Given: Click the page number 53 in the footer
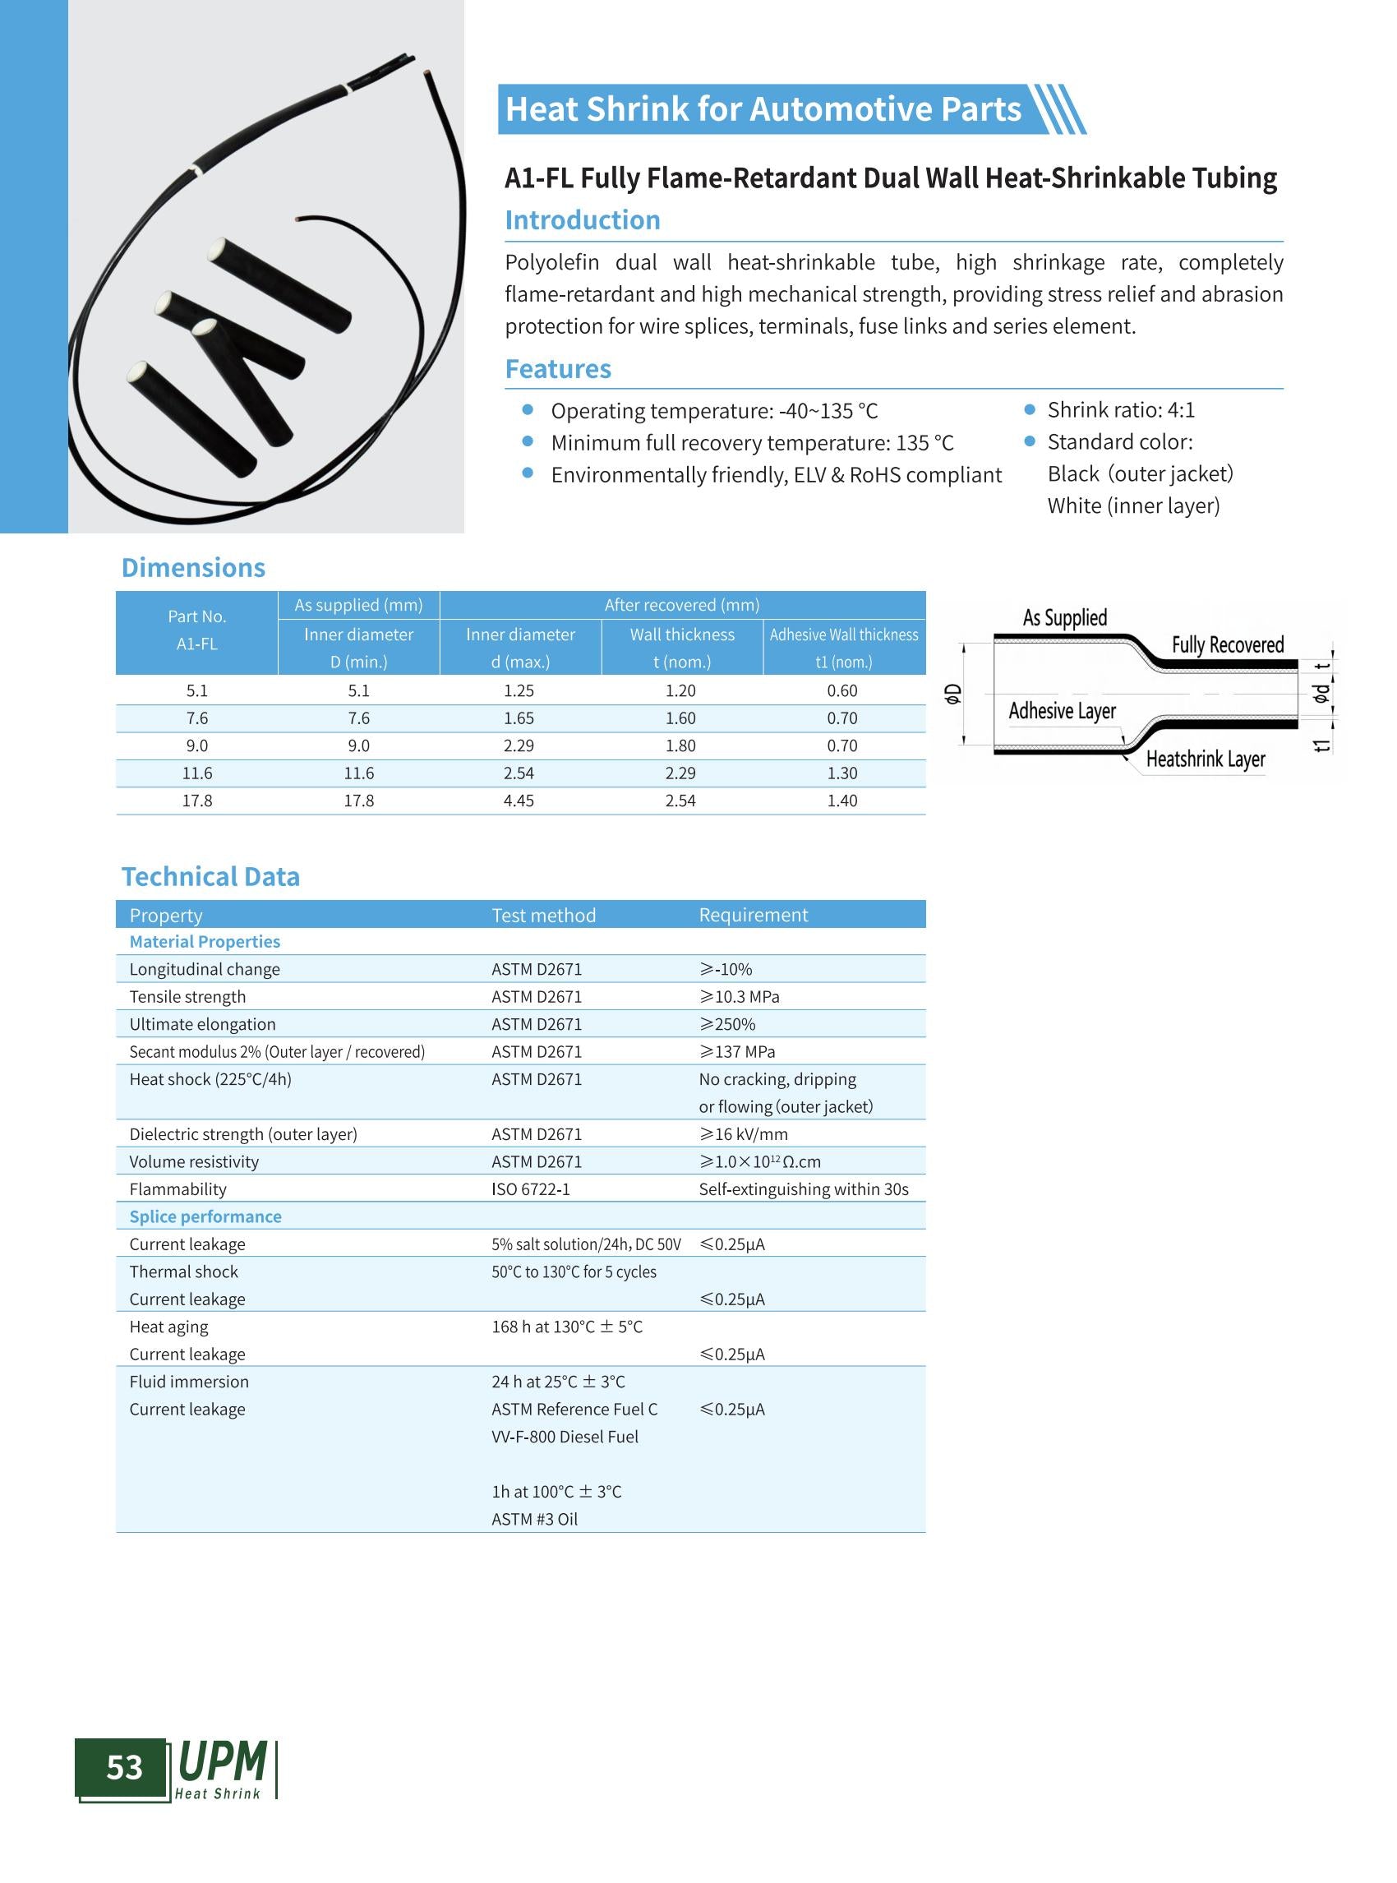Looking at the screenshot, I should (124, 1767).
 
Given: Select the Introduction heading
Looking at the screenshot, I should (582, 220).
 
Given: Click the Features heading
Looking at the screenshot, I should (557, 369).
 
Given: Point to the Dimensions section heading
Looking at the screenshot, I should (193, 568).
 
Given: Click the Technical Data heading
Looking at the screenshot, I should (210, 876).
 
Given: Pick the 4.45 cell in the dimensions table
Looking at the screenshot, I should (519, 801).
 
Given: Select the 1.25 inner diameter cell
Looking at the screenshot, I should (519, 690).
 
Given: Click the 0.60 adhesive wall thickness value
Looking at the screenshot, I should (842, 690).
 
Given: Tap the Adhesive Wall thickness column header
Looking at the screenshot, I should (843, 635).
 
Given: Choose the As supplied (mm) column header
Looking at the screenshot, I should (358, 605).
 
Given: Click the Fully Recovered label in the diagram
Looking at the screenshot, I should (1227, 645).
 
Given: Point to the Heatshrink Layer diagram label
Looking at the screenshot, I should (1205, 759).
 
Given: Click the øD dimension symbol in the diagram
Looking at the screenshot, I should (953, 694).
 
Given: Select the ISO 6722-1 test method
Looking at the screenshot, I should (530, 1189).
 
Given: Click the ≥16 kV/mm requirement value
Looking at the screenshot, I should (743, 1134).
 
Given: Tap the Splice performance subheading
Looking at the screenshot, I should (205, 1216).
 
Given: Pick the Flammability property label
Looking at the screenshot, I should (178, 1189).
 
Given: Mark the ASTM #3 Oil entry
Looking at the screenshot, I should (534, 1519).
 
